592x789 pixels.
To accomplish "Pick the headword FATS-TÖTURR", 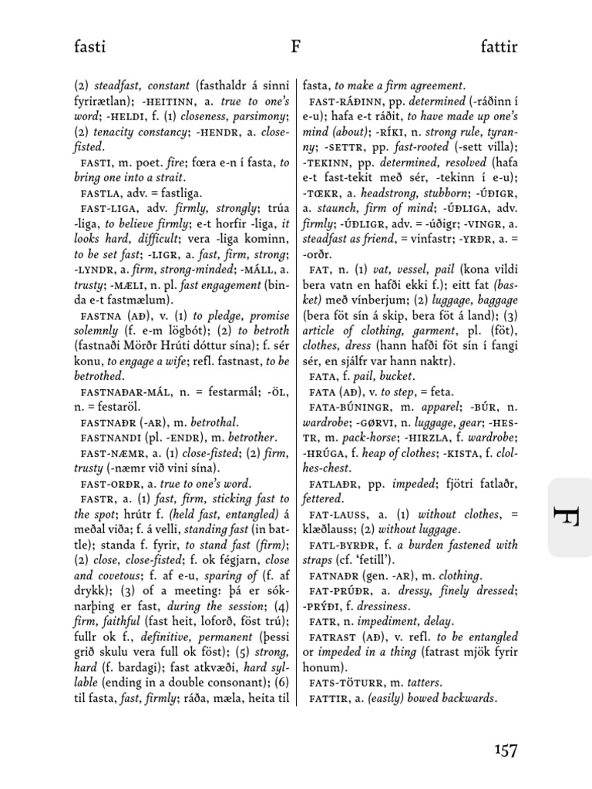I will click(345, 683).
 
